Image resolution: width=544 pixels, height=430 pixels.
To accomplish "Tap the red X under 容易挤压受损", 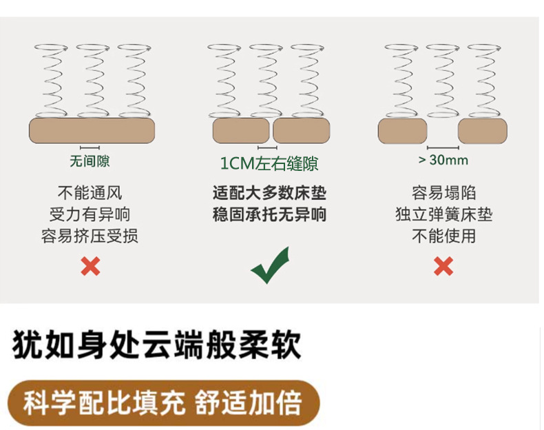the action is (90, 266).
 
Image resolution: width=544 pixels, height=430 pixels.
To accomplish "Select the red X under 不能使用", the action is (443, 265).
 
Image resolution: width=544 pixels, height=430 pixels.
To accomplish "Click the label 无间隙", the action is (90, 162).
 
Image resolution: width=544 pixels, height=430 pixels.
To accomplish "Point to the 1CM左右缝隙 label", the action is (269, 163).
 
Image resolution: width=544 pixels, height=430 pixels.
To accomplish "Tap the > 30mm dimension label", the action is (443, 161).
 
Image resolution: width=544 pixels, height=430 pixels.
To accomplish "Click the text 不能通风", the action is (90, 193).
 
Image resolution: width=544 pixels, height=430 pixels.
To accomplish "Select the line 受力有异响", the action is (90, 214).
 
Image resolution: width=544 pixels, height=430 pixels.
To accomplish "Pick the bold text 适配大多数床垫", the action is (269, 193).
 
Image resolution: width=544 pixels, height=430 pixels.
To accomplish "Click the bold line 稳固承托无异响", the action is (269, 214).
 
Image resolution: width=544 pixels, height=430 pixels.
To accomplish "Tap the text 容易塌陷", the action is (443, 193).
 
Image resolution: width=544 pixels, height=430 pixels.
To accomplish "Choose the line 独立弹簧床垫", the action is (443, 214).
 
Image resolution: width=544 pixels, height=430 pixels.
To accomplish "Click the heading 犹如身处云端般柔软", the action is (157, 345).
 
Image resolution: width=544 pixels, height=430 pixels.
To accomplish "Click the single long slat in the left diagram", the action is (92, 130).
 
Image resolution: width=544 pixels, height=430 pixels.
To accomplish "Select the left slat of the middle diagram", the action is (241, 131).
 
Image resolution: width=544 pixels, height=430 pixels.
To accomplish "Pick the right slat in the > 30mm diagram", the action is (482, 131).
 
